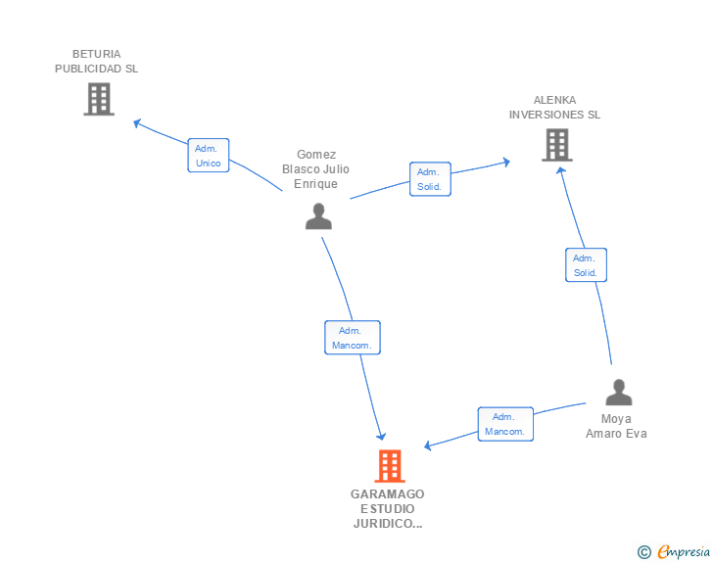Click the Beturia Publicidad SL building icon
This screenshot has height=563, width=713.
[99, 99]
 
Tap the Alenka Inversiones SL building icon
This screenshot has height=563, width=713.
[556, 145]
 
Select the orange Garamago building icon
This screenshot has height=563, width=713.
[389, 466]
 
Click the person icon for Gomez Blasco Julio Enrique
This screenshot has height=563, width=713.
[318, 216]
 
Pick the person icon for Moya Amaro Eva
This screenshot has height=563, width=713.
[618, 393]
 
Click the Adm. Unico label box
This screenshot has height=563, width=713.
[209, 156]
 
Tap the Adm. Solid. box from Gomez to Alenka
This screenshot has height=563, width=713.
[430, 179]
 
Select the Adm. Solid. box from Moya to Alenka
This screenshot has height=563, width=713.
[586, 265]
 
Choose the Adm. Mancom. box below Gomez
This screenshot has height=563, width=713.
[353, 338]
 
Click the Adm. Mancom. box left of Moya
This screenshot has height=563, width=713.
[505, 424]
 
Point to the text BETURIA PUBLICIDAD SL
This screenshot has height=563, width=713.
[97, 62]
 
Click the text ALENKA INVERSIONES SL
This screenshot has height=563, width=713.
[554, 108]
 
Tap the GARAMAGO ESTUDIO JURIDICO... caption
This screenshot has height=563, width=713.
[388, 509]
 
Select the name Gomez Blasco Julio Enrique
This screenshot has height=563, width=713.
[315, 169]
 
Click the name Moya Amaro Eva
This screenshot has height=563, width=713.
[616, 427]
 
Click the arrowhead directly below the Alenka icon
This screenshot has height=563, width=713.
[560, 169]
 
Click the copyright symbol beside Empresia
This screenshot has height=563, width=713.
[643, 552]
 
